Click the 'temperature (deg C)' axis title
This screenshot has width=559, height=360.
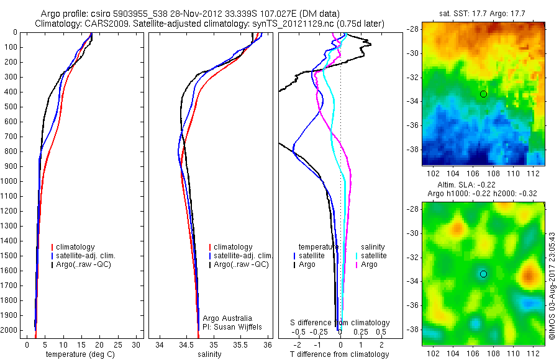click(x=80, y=354)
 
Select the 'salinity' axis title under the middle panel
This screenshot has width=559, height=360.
click(x=209, y=354)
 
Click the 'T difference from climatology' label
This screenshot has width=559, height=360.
click(x=340, y=354)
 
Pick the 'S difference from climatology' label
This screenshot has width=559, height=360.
click(x=340, y=323)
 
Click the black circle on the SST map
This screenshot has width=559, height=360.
click(x=483, y=94)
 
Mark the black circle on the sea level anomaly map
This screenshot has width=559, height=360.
click(x=483, y=274)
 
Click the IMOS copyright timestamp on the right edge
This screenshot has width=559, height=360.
click(x=552, y=286)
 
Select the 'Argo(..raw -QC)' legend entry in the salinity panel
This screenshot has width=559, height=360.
click(x=241, y=264)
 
